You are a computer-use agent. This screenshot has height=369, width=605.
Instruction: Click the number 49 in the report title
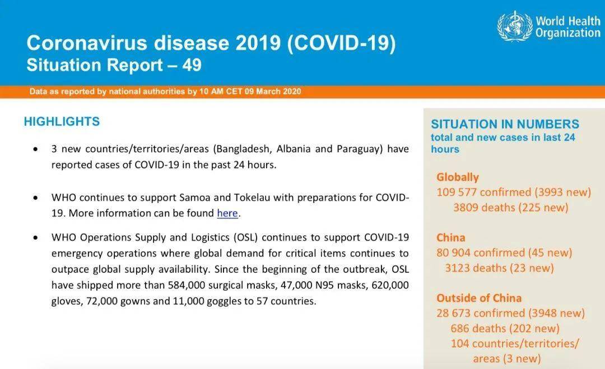[x=192, y=65]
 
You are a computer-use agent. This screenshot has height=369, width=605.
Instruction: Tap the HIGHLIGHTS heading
[x=62, y=122]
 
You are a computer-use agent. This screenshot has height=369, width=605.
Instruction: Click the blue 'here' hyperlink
[x=227, y=213]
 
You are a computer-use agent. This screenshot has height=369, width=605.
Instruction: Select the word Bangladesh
[x=243, y=149]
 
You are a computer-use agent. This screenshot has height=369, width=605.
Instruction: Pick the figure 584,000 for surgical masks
[x=187, y=286]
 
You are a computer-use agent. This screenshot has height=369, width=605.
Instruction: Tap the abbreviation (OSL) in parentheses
[x=245, y=237]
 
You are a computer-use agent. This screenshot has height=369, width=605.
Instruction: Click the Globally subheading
[x=458, y=177]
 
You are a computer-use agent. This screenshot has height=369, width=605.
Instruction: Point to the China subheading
[x=450, y=237]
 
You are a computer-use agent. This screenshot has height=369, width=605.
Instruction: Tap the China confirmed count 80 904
[x=453, y=253]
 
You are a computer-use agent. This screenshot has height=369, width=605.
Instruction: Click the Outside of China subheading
[x=479, y=298]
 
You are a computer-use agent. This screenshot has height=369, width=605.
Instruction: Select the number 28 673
[x=453, y=313]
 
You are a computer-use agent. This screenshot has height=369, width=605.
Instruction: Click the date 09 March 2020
[x=273, y=92]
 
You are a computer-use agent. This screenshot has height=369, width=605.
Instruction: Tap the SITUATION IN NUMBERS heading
[x=505, y=124]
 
